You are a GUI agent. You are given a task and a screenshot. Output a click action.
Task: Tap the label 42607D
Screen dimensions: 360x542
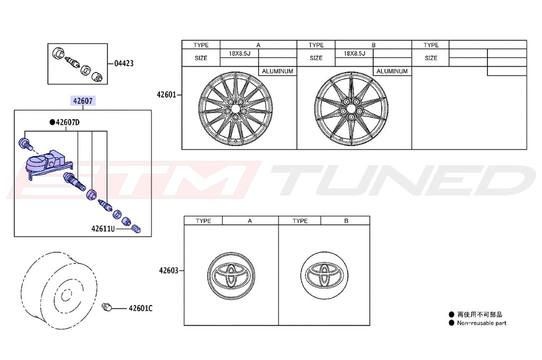(68, 122)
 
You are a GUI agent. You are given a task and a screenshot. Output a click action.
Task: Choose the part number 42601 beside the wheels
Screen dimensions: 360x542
(166, 95)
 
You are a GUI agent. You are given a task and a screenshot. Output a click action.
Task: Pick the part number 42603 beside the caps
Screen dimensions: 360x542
(168, 271)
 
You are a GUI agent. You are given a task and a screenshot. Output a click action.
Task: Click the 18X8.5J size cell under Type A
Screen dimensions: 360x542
(239, 53)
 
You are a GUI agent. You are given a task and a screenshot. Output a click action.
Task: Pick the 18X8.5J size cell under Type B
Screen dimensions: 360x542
(354, 53)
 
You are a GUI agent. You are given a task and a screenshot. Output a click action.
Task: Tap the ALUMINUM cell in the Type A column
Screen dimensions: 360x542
(277, 71)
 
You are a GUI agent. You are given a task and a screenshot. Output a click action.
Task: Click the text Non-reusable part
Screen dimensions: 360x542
(482, 323)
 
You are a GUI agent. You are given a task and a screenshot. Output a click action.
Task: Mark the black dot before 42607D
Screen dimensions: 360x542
(52, 122)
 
